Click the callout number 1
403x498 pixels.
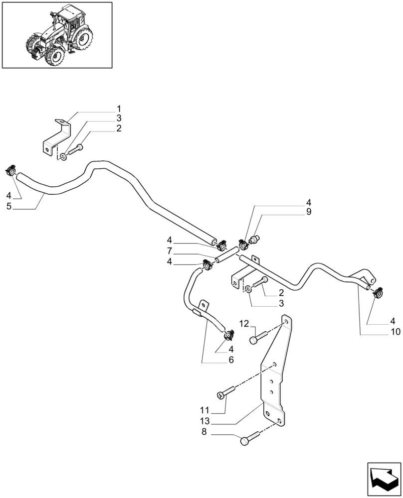coord(119,109)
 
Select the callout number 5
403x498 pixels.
coord(9,206)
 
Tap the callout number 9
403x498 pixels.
coord(309,212)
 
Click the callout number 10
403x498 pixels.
coord(395,332)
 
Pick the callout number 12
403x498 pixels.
coord(243,323)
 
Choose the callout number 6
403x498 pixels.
coord(231,360)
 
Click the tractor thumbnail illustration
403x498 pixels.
coord(56,34)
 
